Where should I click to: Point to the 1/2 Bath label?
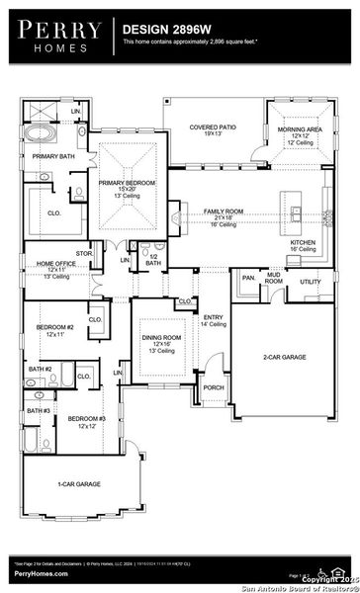pyautogui.click(x=153, y=259)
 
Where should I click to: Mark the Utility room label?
pyautogui.click(x=310, y=282)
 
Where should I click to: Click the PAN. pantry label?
pyautogui.click(x=247, y=279)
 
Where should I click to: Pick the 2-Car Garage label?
pyautogui.click(x=282, y=356)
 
